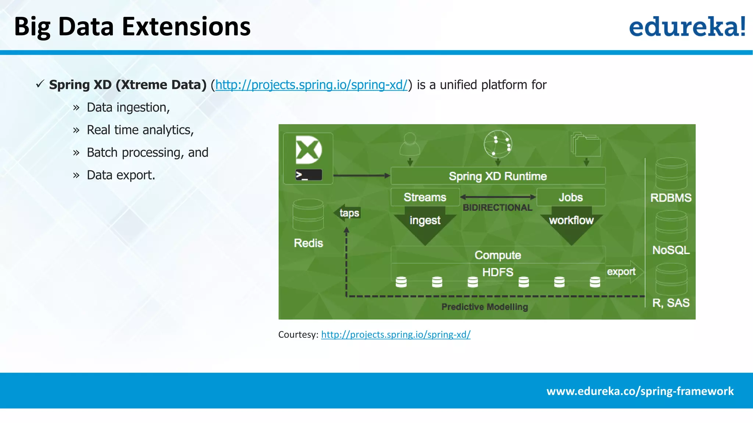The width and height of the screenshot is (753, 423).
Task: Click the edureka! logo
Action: click(687, 26)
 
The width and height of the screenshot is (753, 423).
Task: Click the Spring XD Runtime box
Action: click(497, 176)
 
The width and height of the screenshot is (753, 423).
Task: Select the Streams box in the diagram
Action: click(425, 197)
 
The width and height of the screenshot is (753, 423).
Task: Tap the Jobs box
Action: click(571, 197)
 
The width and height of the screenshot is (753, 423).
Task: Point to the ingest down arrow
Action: click(425, 224)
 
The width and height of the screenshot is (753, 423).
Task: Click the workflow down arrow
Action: click(571, 224)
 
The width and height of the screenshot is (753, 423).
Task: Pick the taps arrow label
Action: click(348, 213)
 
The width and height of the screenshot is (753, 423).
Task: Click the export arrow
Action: click(624, 272)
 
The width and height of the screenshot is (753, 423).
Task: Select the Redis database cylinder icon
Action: click(308, 215)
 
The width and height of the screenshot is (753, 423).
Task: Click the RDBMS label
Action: click(671, 198)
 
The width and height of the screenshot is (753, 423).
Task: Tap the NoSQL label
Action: click(671, 250)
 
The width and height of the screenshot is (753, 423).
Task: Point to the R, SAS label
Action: click(671, 303)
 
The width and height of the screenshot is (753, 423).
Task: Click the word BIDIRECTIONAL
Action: click(497, 207)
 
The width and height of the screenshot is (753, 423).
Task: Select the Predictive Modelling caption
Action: click(485, 307)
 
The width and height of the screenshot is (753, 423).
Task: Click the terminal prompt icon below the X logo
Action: click(308, 175)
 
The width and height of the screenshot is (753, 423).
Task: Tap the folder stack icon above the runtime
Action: click(586, 145)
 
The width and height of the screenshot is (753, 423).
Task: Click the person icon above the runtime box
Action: click(410, 144)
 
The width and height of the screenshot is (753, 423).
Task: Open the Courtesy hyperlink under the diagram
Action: click(396, 335)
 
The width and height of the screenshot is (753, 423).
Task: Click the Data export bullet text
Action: click(121, 175)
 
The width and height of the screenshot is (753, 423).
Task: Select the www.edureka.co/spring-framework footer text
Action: click(640, 391)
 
